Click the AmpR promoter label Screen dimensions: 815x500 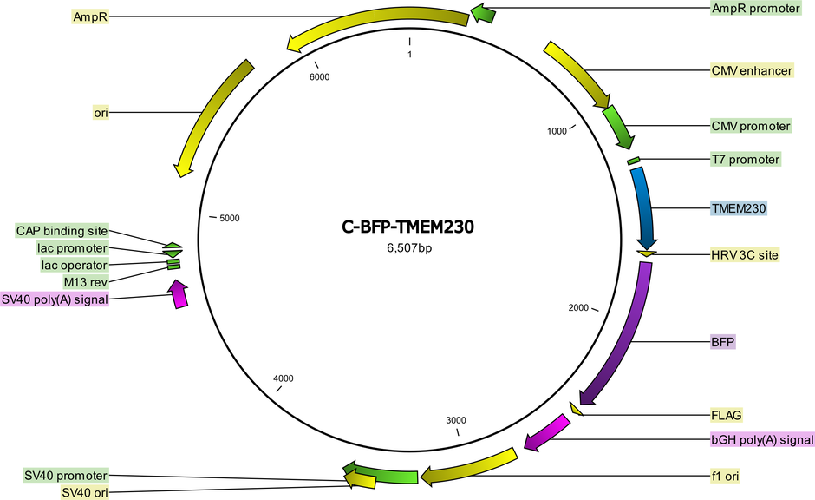[x=756, y=9]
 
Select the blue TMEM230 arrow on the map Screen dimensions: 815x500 [x=645, y=208]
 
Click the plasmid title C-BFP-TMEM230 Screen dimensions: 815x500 [x=408, y=227]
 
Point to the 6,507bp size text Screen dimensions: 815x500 [x=409, y=248]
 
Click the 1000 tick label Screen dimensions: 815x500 [x=557, y=131]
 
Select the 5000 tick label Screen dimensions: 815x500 [x=229, y=218]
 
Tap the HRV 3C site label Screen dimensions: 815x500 [x=745, y=255]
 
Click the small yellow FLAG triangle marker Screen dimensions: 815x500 [x=576, y=409]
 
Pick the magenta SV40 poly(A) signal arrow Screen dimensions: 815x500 [x=179, y=294]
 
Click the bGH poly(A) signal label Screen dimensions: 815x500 [x=762, y=439]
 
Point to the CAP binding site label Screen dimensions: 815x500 [x=62, y=231]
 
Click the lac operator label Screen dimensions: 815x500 [x=75, y=266]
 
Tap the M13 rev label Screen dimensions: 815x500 [x=86, y=282]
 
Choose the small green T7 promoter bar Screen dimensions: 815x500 [x=633, y=161]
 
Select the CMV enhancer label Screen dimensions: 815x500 [x=752, y=71]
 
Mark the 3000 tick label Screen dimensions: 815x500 [x=456, y=420]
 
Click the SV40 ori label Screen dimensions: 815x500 [x=85, y=493]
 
